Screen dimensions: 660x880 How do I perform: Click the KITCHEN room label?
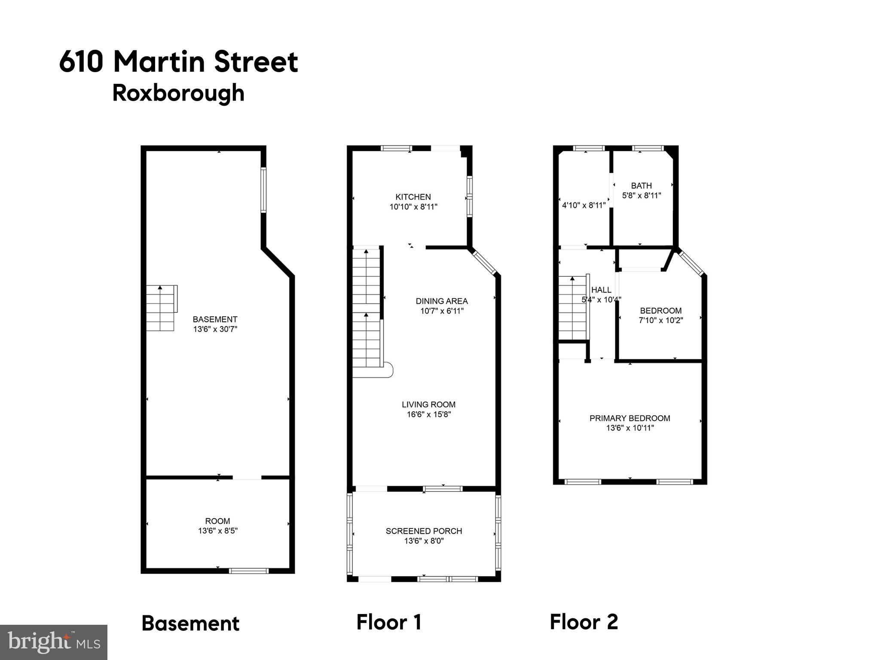[x=413, y=197]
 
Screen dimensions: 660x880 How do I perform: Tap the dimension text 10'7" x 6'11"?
[x=442, y=311]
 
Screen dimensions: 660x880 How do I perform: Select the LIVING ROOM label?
[x=428, y=404]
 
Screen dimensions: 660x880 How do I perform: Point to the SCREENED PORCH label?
[x=424, y=531]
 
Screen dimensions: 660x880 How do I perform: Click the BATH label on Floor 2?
[x=641, y=186]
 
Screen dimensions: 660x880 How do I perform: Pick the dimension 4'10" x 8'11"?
[x=584, y=205]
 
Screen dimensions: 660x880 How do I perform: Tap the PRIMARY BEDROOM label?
[x=629, y=418]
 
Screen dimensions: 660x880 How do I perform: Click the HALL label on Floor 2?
[x=601, y=290]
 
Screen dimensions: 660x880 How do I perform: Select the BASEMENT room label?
[x=215, y=319]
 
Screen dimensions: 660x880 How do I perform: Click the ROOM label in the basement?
[x=217, y=521]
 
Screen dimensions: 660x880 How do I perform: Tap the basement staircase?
[x=161, y=308]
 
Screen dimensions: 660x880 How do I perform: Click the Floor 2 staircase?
[x=573, y=308]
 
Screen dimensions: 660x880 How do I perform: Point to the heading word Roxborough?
[x=178, y=93]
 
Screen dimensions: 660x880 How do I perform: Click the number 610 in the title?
[x=81, y=62]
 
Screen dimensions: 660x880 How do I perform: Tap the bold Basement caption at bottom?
[x=190, y=623]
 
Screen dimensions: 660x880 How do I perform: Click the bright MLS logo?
[x=53, y=642]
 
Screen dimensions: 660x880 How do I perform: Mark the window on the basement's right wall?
[x=263, y=190]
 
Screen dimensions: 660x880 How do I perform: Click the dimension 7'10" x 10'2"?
[x=661, y=320]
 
